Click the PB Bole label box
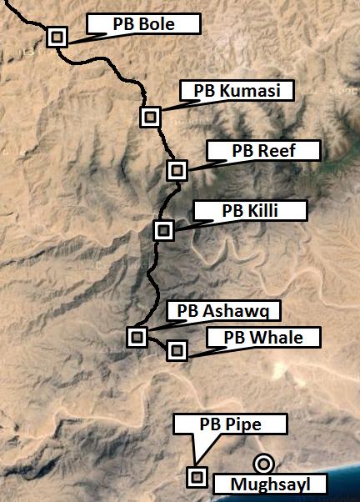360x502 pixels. coord(143,24)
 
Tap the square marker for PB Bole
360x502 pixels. coord(57,37)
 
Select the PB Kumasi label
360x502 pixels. coord(237,91)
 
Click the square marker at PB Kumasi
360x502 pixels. coord(150,117)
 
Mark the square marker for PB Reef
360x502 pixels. coord(176,170)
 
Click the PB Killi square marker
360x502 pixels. coord(164,229)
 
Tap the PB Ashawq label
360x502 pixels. coord(224,311)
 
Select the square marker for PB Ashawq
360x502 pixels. coord(137,336)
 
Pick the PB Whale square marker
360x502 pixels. coord(176,350)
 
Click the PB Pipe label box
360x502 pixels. coord(230,424)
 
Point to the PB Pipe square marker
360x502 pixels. coord(197,476)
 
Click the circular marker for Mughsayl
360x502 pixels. coord(264,463)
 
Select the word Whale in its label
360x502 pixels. coord(276,337)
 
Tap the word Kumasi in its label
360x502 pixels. coord(249,91)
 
